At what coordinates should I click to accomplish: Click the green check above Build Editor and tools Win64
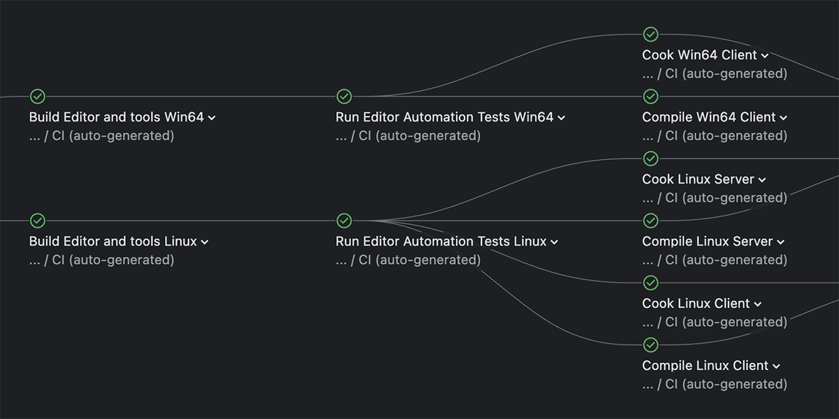click(38, 96)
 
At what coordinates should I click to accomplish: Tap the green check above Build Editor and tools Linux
click(38, 221)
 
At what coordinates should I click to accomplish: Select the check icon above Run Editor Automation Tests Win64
click(344, 96)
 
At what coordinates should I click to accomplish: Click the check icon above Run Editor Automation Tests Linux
click(344, 221)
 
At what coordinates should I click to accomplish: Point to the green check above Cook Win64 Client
click(650, 34)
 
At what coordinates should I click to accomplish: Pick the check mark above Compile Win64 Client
click(650, 96)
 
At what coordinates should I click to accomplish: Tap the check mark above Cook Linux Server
click(650, 159)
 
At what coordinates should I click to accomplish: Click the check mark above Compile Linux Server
click(650, 221)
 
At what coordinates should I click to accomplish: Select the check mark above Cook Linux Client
click(650, 283)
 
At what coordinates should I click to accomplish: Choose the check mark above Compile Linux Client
click(650, 345)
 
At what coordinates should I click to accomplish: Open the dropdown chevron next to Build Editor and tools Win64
click(212, 118)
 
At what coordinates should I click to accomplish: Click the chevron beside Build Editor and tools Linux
click(205, 242)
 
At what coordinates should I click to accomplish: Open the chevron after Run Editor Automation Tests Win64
click(561, 118)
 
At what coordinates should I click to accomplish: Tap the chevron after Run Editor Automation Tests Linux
click(554, 242)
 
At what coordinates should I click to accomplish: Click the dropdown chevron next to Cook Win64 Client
click(765, 56)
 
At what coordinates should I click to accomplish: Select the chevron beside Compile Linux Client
click(777, 367)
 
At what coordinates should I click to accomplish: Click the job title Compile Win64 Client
click(709, 117)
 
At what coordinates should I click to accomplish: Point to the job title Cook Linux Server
click(698, 179)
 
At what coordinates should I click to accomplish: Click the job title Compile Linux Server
click(708, 242)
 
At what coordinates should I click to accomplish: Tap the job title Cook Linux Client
click(696, 304)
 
